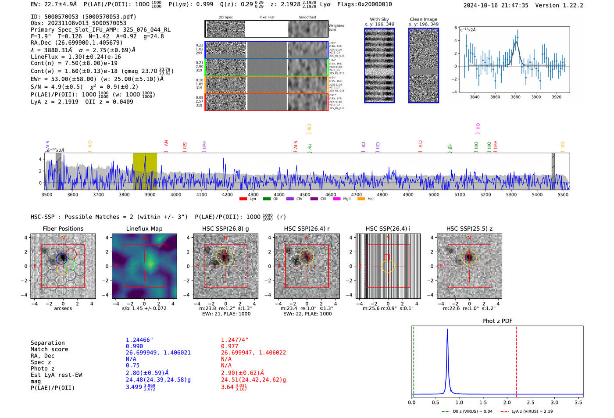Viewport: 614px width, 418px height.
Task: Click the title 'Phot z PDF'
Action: (497, 321)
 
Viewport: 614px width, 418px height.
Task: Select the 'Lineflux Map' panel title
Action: (144, 229)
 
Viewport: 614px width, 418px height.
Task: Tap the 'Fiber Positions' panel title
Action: (63, 229)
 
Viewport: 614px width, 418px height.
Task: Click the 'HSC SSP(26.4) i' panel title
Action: (388, 229)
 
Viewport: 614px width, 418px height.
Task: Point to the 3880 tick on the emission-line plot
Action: (515, 97)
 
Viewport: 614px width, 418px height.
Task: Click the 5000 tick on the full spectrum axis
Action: (434, 195)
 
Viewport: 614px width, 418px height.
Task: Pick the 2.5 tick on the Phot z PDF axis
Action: (531, 402)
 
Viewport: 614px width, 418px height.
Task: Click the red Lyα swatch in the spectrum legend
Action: (243, 199)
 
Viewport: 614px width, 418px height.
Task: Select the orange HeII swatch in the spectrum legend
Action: (361, 199)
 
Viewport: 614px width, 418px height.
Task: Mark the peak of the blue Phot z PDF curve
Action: (447, 330)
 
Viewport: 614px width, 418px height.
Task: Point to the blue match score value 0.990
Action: (134, 346)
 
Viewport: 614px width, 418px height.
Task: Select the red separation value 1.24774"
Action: (235, 340)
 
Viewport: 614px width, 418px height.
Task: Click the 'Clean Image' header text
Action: (423, 19)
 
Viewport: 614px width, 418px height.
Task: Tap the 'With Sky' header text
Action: (379, 19)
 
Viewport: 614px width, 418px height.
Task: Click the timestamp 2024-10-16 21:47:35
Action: (496, 5)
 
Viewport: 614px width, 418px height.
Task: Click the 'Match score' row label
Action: (49, 349)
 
